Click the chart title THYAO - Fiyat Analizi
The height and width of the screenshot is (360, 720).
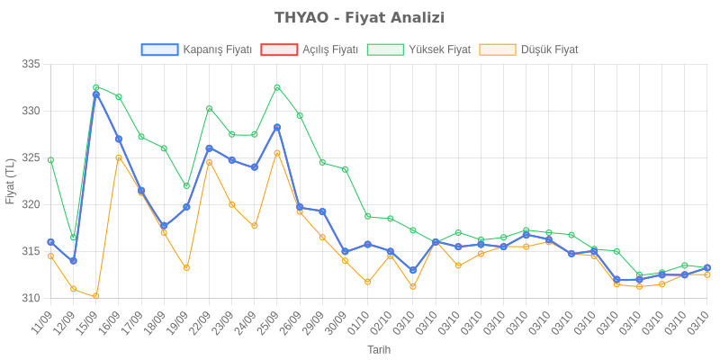click(x=359, y=18)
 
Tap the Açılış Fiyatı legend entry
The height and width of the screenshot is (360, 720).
click(x=310, y=49)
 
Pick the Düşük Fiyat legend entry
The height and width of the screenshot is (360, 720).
click(x=529, y=49)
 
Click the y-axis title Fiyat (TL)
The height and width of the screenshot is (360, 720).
click(x=11, y=181)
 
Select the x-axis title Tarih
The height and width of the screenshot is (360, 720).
click(x=378, y=348)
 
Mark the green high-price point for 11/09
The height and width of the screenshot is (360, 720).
click(x=50, y=160)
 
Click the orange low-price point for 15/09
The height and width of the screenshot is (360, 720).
click(x=95, y=296)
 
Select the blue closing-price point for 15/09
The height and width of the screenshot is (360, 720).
click(x=95, y=94)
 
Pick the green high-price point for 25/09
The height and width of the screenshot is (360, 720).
click(x=277, y=87)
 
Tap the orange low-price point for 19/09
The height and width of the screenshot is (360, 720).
click(x=186, y=268)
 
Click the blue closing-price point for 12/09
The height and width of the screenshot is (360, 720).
click(x=73, y=261)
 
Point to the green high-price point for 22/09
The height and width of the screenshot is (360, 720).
click(x=209, y=109)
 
